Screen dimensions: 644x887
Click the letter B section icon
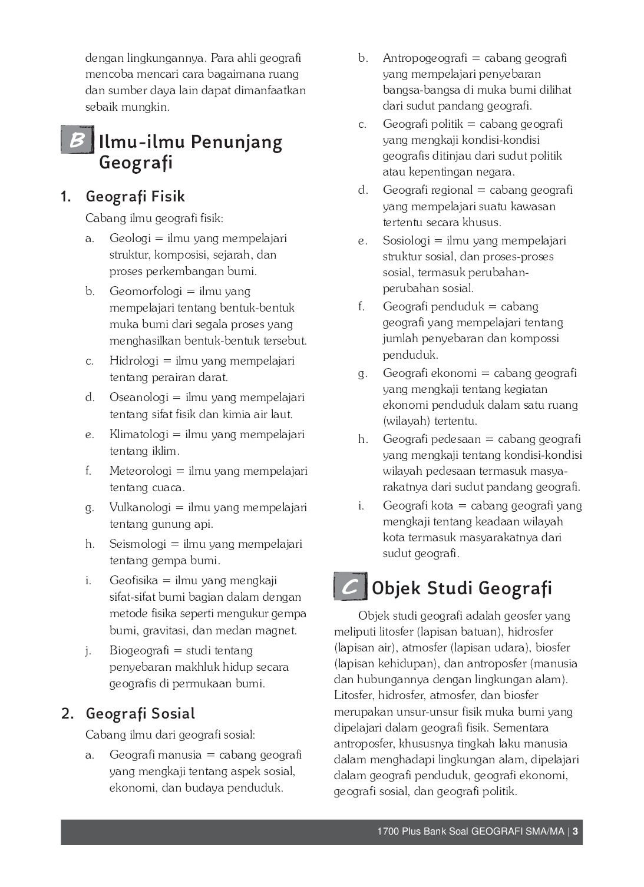(x=77, y=140)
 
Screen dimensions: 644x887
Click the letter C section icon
(x=351, y=587)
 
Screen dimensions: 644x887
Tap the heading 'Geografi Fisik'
(x=135, y=196)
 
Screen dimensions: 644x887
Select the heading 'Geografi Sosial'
(x=140, y=713)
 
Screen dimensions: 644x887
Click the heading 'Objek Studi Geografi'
(x=462, y=588)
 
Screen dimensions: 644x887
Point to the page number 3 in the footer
(x=575, y=832)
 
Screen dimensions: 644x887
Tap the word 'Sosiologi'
(x=407, y=241)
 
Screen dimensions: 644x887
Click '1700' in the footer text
(x=388, y=832)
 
